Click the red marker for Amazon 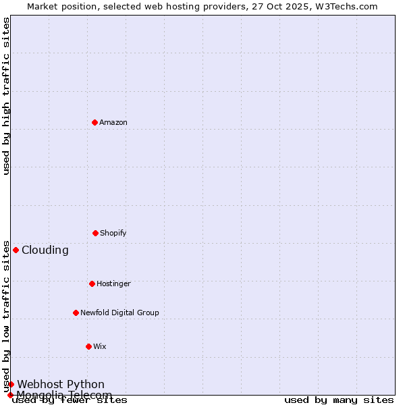(94, 122)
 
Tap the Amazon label (113, 122)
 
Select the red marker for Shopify (95, 233)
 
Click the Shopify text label (113, 233)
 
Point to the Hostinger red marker (92, 283)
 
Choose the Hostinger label (113, 283)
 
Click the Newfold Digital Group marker (76, 313)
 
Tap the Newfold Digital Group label (119, 313)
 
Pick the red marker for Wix (88, 346)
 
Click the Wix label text (100, 346)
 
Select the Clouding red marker (16, 250)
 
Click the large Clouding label (45, 250)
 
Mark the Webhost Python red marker (11, 384)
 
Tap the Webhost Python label (61, 384)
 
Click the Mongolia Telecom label (64, 395)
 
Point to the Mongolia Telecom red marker (10, 395)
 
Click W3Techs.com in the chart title (350, 6)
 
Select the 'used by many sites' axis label (339, 400)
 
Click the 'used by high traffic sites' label (6, 97)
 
